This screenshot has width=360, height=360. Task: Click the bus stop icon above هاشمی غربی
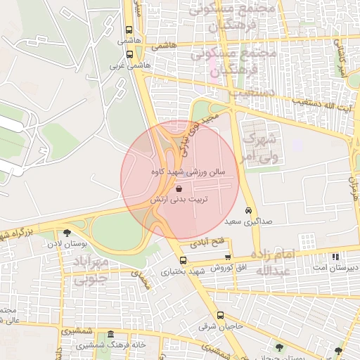pos(129,53)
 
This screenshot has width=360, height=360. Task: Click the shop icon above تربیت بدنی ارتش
pos(179,188)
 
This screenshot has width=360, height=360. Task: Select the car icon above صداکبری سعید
pos(248,210)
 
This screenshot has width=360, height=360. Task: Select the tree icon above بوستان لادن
pos(67,233)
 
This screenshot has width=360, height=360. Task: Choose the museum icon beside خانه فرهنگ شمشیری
pos(110,334)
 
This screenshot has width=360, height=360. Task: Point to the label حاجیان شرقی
pos(223,326)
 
